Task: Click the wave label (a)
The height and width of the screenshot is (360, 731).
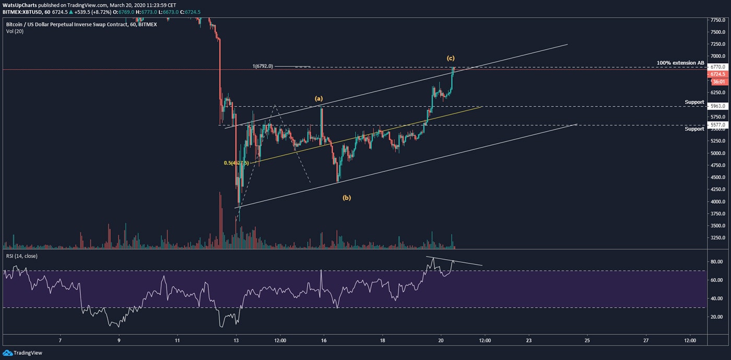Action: pos(319,98)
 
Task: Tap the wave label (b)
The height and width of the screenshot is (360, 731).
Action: pos(346,198)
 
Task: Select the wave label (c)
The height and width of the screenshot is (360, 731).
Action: pos(451,57)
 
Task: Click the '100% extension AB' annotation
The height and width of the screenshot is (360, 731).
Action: pos(680,63)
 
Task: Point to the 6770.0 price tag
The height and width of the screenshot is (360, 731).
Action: pos(715,67)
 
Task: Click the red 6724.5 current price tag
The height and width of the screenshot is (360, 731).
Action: pos(715,74)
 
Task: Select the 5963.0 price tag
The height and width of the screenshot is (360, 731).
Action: pos(715,106)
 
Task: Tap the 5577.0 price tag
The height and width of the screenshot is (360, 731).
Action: pos(715,125)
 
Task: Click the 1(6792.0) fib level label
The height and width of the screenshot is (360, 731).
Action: pos(263,66)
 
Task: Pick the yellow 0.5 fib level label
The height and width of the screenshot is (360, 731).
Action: pos(234,163)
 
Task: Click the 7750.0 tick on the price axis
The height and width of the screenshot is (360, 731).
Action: pos(716,20)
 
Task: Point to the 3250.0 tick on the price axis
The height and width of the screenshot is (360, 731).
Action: pos(716,238)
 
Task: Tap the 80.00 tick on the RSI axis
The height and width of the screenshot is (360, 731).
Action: pos(715,261)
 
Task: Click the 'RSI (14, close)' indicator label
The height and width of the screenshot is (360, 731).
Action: pos(22,256)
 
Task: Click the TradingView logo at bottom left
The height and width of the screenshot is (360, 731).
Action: pos(23,353)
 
